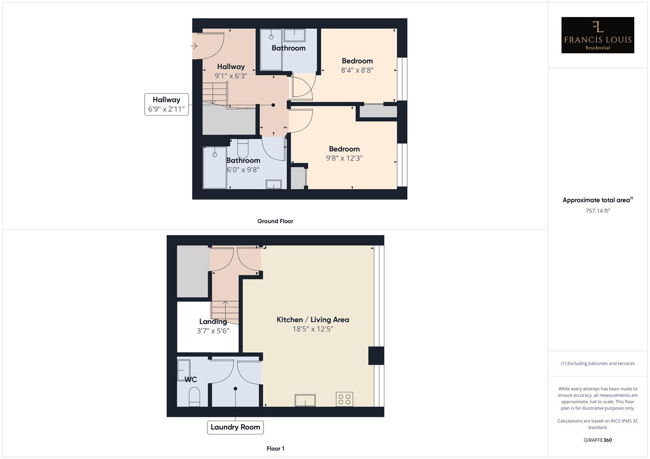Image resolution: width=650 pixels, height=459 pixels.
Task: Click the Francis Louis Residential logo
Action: click(597, 35)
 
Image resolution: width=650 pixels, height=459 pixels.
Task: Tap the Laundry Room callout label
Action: click(235, 427)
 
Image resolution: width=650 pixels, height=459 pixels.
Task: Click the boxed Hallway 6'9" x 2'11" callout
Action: click(166, 105)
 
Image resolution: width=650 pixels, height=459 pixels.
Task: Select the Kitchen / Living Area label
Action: click(313, 320)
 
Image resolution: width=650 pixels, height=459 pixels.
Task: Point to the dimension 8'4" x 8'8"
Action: click(357, 71)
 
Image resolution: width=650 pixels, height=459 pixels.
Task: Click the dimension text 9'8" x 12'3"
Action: click(344, 158)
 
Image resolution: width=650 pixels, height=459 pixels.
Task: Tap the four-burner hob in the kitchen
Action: click(344, 399)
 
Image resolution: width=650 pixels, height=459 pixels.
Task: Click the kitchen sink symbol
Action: click(305, 400)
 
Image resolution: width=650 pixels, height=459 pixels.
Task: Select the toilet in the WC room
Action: click(194, 396)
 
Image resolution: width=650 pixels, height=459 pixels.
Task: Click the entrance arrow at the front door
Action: click(194, 46)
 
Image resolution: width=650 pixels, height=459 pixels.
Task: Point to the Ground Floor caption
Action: click(275, 221)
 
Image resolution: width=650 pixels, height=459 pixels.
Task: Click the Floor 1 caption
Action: click(275, 448)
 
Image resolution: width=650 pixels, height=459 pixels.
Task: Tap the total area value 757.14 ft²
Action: click(598, 211)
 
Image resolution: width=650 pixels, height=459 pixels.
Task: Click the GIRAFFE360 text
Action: click(598, 440)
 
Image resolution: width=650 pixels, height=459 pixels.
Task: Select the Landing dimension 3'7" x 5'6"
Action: click(213, 331)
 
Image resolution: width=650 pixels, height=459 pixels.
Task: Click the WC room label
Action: click(191, 380)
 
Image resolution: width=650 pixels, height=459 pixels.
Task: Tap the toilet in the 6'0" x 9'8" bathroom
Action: click(243, 149)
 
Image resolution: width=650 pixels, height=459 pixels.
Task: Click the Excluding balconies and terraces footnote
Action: click(598, 363)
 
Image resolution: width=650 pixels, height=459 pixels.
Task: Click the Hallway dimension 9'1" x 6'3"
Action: click(231, 76)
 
